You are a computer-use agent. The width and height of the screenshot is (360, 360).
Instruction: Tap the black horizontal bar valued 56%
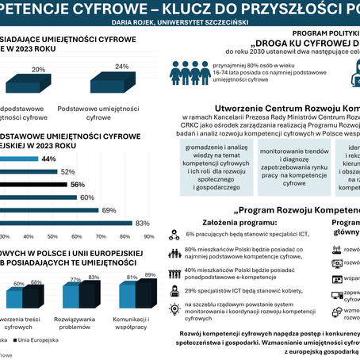(x=33, y=184)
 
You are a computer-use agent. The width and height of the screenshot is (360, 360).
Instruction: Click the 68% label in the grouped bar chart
(x=33, y=282)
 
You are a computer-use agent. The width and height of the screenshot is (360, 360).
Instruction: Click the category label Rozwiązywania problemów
(x=78, y=323)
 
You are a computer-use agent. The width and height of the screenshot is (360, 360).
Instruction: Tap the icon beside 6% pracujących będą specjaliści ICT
(x=174, y=235)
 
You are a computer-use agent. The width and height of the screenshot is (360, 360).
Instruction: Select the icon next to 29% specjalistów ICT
(x=174, y=291)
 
